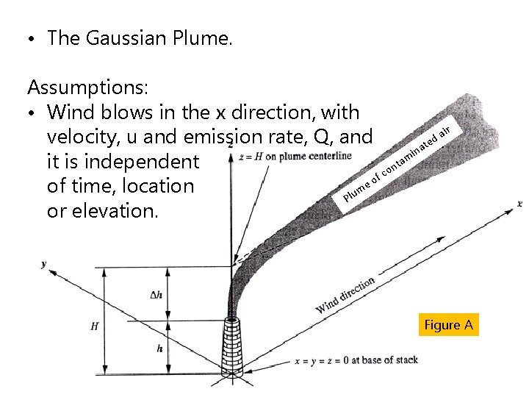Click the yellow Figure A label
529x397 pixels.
pyautogui.click(x=448, y=325)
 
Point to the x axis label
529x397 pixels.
pyautogui.click(x=519, y=203)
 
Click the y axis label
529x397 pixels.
pyautogui.click(x=44, y=262)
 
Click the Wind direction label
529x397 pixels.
pyautogui.click(x=345, y=294)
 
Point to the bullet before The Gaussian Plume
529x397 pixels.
pyautogui.click(x=33, y=39)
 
